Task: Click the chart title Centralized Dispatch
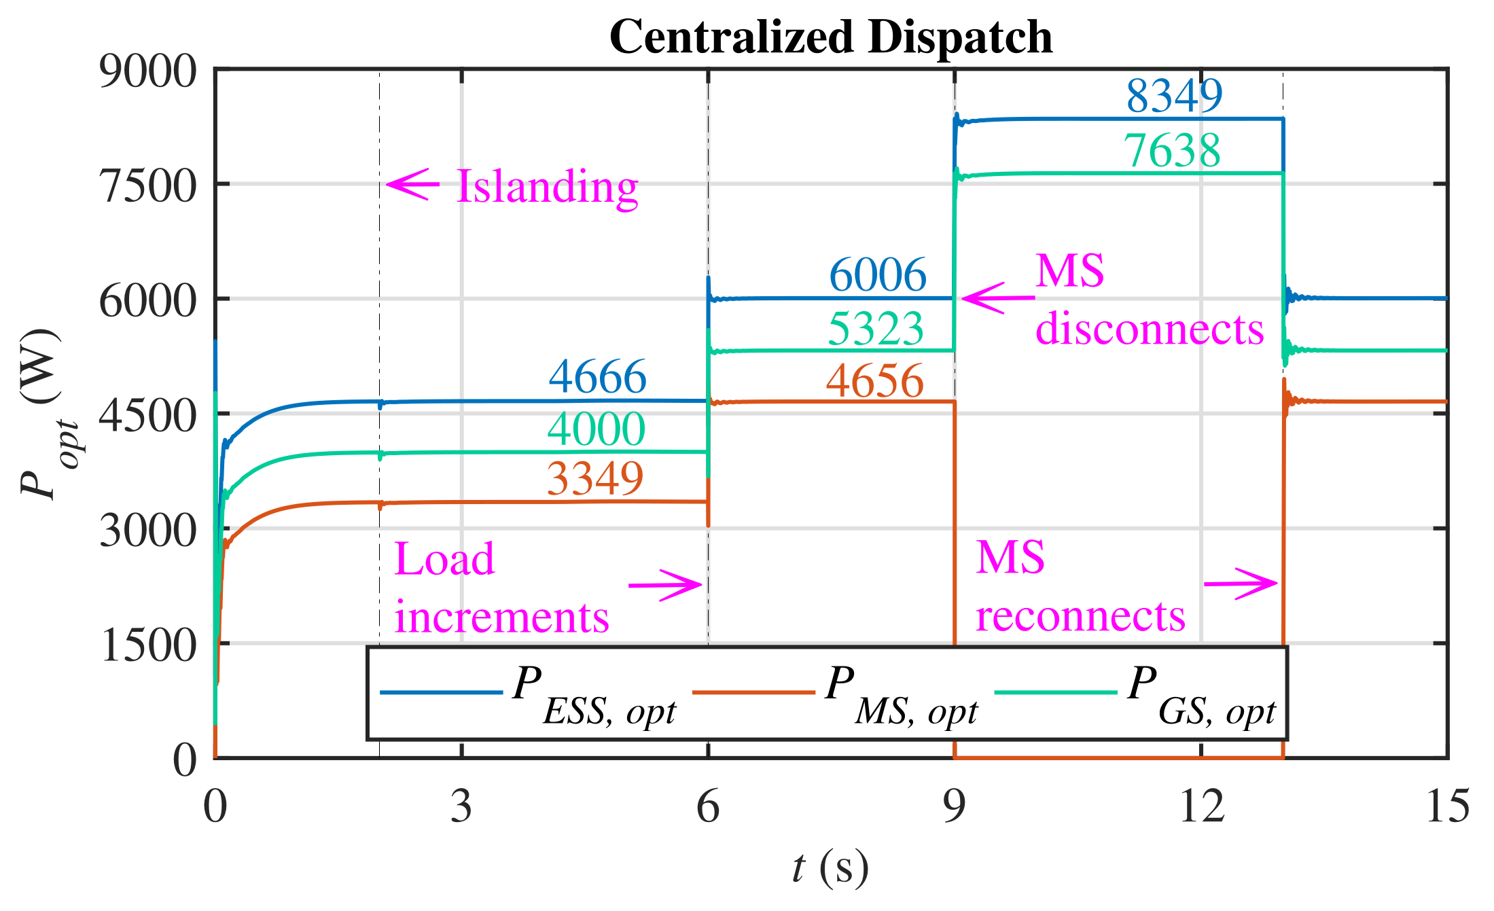(x=830, y=37)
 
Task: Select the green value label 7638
(x=1172, y=150)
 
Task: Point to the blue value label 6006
(x=878, y=275)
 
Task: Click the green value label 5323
(x=876, y=329)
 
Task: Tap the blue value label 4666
(x=597, y=376)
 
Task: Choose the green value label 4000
(x=596, y=429)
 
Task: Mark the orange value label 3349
(x=595, y=478)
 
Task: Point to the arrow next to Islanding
(x=412, y=184)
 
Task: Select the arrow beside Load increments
(x=665, y=585)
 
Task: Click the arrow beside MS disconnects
(x=998, y=298)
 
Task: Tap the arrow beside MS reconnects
(x=1241, y=584)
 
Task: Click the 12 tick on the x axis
(x=1201, y=807)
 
